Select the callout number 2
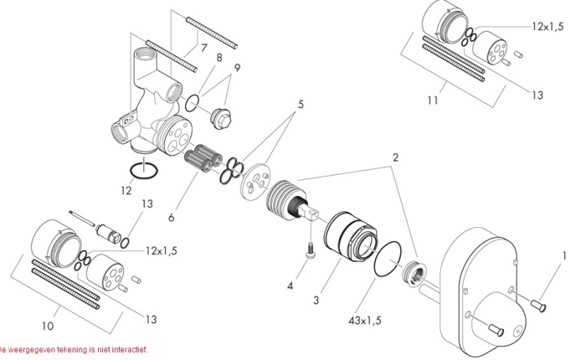396,157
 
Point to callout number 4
290,285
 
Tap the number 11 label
432,100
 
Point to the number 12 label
127,191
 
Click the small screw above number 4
310,250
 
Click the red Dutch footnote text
73,348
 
